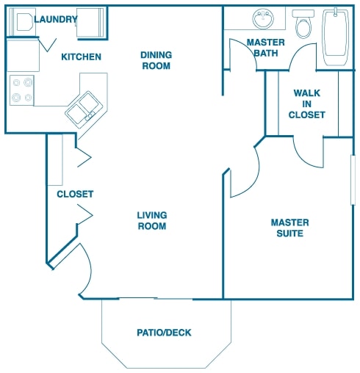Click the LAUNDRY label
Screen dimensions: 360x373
pyautogui.click(x=56, y=19)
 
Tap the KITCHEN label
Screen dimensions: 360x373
pyautogui.click(x=81, y=57)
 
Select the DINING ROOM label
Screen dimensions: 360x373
pyautogui.click(x=156, y=60)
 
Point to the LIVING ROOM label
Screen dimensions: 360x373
pyautogui.click(x=152, y=220)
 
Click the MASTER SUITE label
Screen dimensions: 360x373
pyautogui.click(x=289, y=228)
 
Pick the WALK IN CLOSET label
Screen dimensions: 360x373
pyautogui.click(x=306, y=104)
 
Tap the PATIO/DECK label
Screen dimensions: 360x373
pyautogui.click(x=164, y=333)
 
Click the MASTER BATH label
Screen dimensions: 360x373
pyautogui.click(x=266, y=48)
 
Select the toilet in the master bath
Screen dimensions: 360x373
pyautogui.click(x=303, y=24)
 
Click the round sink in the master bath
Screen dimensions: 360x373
pyautogui.click(x=263, y=18)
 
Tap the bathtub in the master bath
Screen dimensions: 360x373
pyautogui.click(x=336, y=37)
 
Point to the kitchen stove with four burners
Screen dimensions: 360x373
pyautogui.click(x=22, y=90)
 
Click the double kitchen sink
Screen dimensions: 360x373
pyautogui.click(x=84, y=109)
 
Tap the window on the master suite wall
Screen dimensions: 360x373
pyautogui.click(x=353, y=180)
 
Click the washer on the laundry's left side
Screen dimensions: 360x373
pyautogui.click(x=23, y=22)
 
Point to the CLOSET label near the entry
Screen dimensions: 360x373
pyautogui.click(x=75, y=194)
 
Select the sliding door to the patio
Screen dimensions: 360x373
pyautogui.click(x=156, y=298)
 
